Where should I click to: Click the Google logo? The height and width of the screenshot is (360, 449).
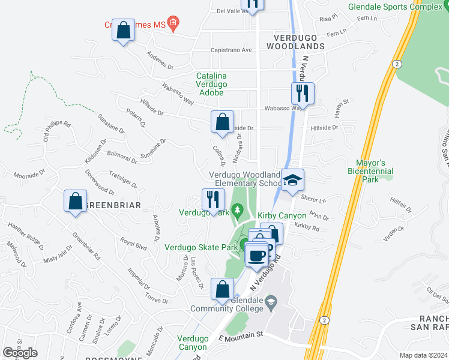coord(20,353)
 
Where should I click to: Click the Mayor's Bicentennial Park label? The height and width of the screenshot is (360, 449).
coord(370,167)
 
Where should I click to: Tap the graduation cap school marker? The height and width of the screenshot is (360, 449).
coord(292,180)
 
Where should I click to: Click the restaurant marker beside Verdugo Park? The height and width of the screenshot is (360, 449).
coord(212,200)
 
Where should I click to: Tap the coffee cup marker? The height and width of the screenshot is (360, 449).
coord(257,256)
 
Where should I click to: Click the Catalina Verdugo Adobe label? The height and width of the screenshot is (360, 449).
coord(211,84)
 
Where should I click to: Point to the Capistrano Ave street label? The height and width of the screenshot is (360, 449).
coord(231,50)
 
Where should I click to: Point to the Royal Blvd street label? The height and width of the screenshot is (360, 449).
coord(133,244)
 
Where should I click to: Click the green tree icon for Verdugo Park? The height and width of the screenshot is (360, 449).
coord(238,210)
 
